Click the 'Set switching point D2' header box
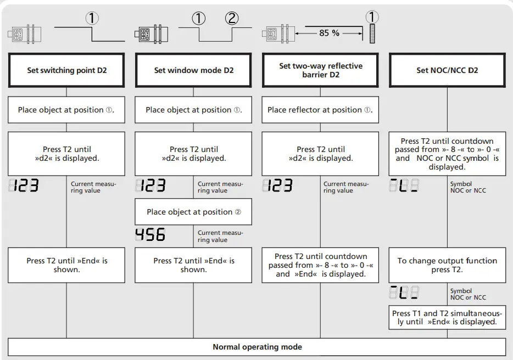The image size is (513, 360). (66, 70)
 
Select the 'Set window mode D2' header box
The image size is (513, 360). (193, 70)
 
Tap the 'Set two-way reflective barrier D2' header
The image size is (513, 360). (321, 70)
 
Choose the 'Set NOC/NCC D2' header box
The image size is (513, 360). (447, 70)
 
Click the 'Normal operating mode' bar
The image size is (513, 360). (257, 347)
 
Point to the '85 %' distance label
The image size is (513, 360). (329, 33)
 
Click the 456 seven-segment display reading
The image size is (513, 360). (150, 235)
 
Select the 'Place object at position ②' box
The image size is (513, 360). (193, 212)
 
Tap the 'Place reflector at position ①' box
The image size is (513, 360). (321, 110)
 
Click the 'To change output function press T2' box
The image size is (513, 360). (447, 265)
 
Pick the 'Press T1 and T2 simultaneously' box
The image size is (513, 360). (447, 317)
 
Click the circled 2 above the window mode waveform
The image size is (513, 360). (232, 19)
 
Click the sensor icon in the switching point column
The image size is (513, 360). (25, 35)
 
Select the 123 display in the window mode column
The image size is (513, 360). (150, 186)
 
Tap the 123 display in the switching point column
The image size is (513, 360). (24, 186)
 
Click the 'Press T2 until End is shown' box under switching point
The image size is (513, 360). (66, 265)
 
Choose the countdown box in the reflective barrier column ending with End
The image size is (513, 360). (321, 265)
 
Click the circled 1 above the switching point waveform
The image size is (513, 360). (92, 19)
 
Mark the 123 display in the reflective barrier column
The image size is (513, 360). (277, 186)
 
